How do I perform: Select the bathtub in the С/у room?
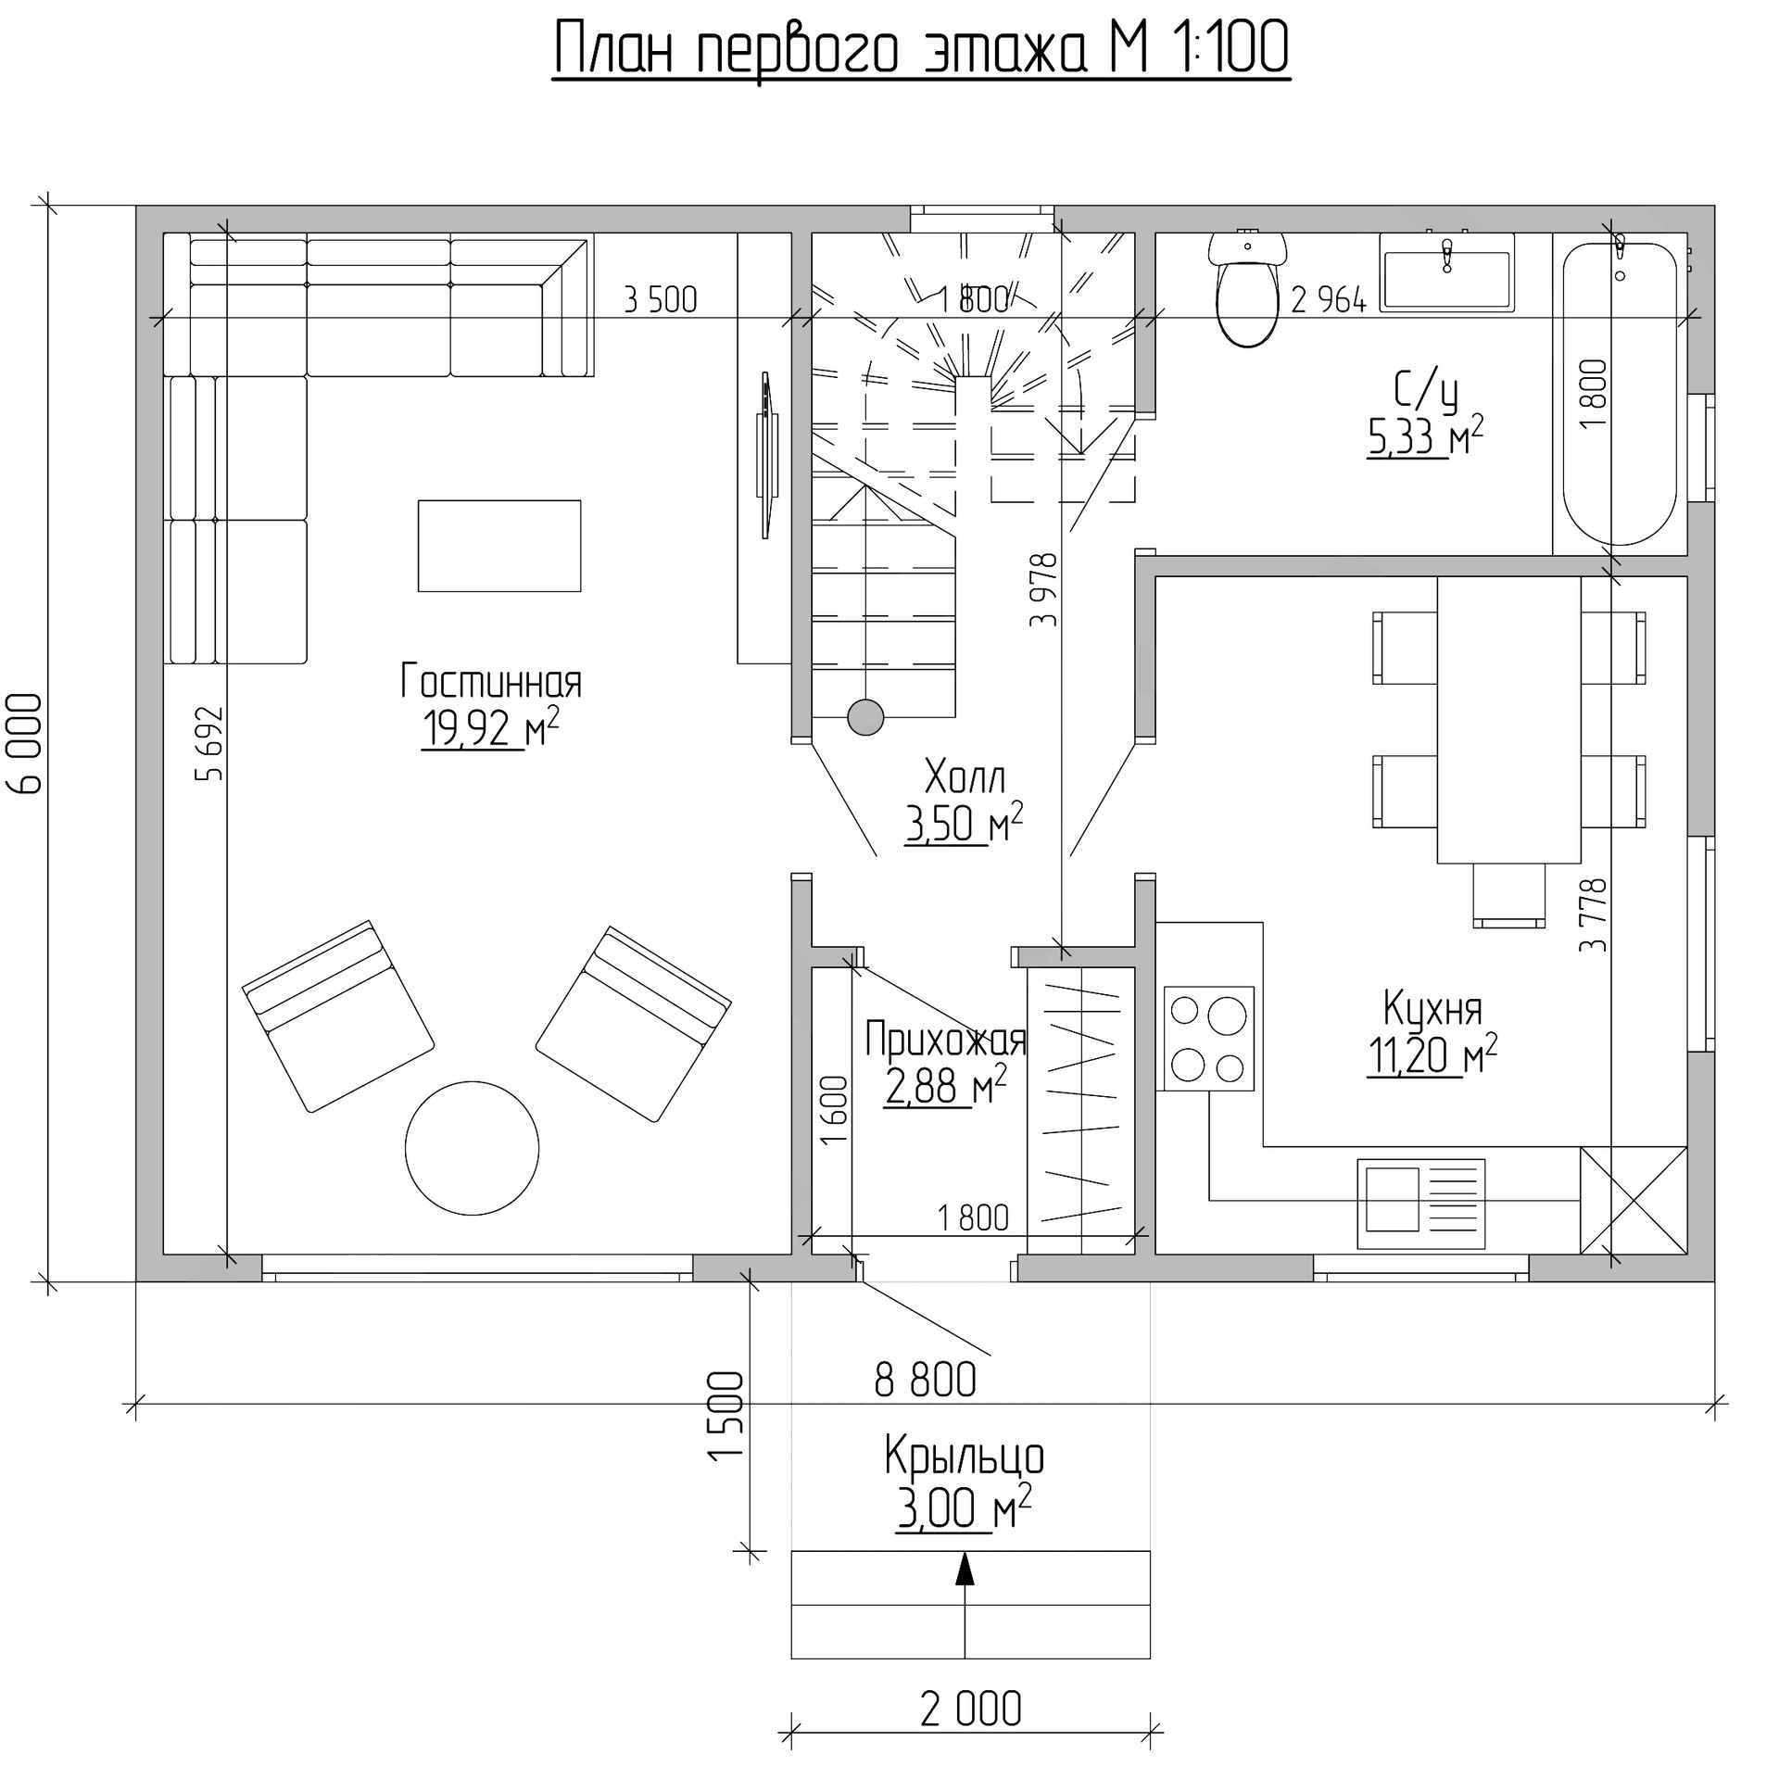point(1620,394)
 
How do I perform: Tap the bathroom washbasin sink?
point(1446,271)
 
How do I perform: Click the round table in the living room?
point(472,1148)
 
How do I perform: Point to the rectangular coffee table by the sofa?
point(499,546)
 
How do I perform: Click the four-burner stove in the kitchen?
point(1208,1039)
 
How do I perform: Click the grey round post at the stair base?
point(865,716)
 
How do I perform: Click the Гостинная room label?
point(491,682)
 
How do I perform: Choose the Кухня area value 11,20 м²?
point(1432,1054)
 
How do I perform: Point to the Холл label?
point(965,776)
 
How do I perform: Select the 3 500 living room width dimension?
point(661,300)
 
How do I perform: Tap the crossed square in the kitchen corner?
point(1634,1201)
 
